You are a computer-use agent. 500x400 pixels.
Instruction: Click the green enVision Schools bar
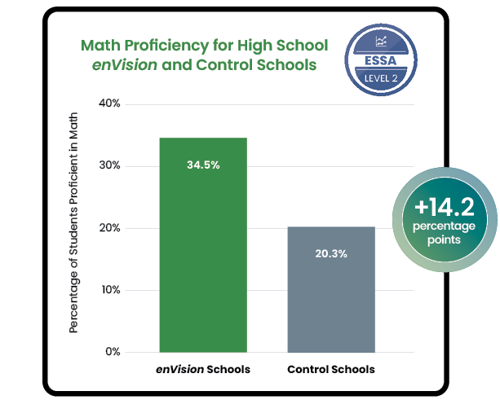pyautogui.click(x=203, y=261)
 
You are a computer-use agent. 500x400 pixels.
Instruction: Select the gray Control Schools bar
pyautogui.click(x=331, y=301)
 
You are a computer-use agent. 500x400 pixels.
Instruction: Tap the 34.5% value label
pyautogui.click(x=203, y=165)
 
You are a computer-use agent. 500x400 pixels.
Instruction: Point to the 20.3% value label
pyautogui.click(x=331, y=253)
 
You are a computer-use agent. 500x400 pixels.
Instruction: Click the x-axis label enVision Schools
pyautogui.click(x=203, y=370)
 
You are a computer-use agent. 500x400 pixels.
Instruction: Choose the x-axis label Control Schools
pyautogui.click(x=331, y=370)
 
